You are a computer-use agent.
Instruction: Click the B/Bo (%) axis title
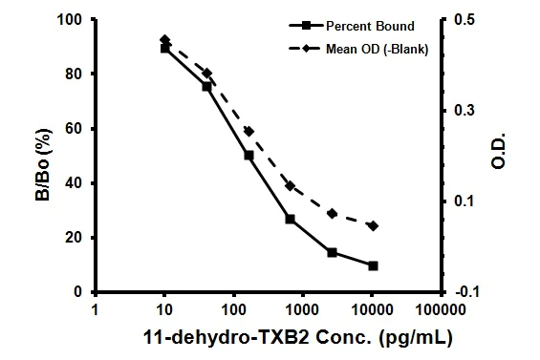tap(43, 156)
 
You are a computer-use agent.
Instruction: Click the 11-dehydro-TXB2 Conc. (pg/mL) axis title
tap(270, 338)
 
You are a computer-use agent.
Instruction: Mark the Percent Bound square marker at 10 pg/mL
tap(164, 47)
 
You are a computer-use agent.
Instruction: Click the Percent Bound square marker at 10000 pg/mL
tap(373, 265)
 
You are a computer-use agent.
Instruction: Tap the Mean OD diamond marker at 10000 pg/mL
tap(373, 225)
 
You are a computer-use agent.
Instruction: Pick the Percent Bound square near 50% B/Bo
tap(248, 155)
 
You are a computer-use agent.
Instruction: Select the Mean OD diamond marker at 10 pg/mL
tap(164, 40)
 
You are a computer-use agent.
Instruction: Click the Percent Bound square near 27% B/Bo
tap(290, 219)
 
